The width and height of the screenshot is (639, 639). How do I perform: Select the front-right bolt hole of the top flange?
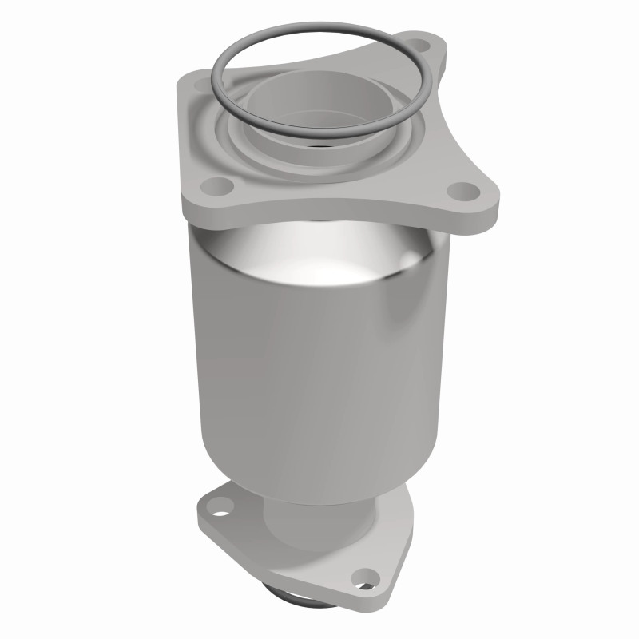pos(461,191)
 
